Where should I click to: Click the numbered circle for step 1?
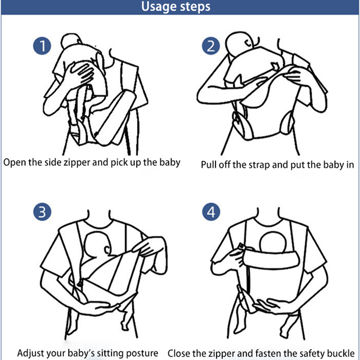click(x=42, y=46)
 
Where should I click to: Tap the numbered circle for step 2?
click(x=211, y=46)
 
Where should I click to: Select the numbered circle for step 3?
click(x=42, y=211)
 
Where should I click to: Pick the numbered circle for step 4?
click(x=211, y=211)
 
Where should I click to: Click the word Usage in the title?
click(x=159, y=7)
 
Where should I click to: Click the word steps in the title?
click(x=195, y=7)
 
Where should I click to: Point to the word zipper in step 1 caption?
click(x=77, y=162)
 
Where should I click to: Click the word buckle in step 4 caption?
click(x=341, y=353)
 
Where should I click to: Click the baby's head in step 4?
click(x=273, y=242)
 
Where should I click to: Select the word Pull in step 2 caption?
click(x=209, y=165)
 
